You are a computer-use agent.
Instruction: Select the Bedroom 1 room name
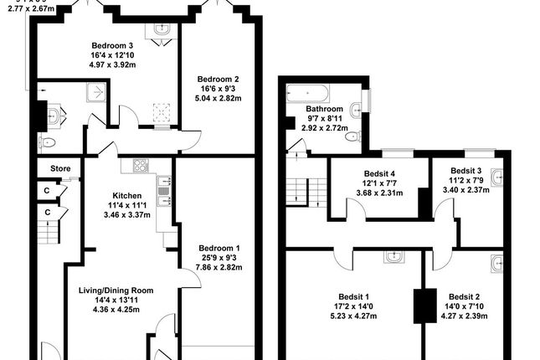219,248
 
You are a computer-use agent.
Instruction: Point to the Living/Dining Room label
116,290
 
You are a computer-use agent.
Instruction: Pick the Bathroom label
324,109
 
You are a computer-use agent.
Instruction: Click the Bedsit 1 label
355,297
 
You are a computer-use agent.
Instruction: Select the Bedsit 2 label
464,297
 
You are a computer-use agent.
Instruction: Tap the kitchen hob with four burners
140,166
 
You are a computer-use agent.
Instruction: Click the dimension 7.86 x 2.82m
219,269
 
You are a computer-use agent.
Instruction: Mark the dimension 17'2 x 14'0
355,307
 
